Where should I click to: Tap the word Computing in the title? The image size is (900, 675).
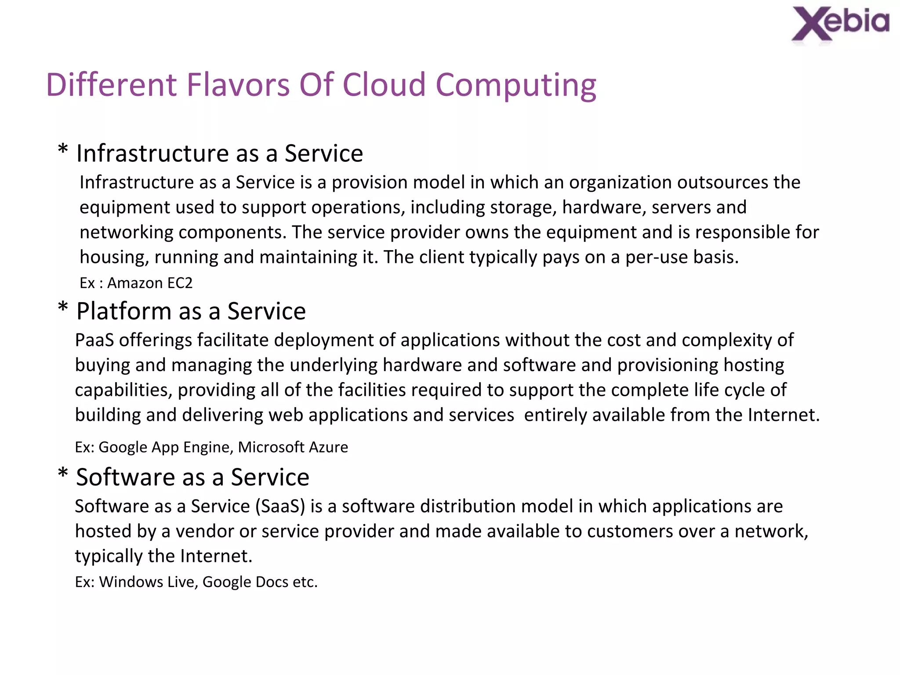pyautogui.click(x=515, y=86)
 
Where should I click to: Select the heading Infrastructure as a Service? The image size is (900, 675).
pyautogui.click(x=219, y=153)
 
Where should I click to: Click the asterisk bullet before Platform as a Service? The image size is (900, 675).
pyautogui.click(x=63, y=307)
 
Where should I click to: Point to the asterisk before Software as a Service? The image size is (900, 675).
pyautogui.click(x=63, y=473)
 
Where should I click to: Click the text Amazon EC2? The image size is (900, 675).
pyautogui.click(x=150, y=283)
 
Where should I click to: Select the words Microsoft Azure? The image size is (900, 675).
pyautogui.click(x=293, y=447)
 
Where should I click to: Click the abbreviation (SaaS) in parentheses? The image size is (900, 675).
pyautogui.click(x=280, y=507)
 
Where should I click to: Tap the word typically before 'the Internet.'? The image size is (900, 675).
pyautogui.click(x=109, y=557)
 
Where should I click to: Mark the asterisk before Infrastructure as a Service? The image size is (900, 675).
pyautogui.click(x=63, y=150)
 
